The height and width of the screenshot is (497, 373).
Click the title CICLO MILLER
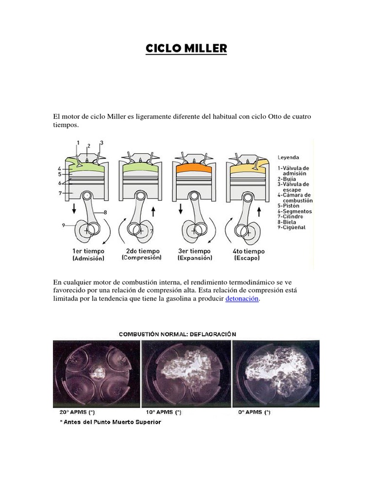[x=186, y=49]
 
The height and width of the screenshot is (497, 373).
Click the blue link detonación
[x=242, y=299]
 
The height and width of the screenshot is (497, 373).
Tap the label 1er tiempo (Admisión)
[x=88, y=255]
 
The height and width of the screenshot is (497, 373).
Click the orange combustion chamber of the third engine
[x=193, y=168]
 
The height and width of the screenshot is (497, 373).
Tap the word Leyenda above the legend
[x=288, y=157]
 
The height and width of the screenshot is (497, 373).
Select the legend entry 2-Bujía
[x=288, y=179]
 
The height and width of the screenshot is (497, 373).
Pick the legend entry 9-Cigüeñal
[x=292, y=228]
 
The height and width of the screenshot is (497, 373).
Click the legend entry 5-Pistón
[x=289, y=205]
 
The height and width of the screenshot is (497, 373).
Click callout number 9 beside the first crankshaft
[x=64, y=225]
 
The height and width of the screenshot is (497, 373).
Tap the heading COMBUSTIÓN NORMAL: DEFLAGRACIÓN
[x=178, y=334]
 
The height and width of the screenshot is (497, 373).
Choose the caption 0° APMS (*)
[x=254, y=413]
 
